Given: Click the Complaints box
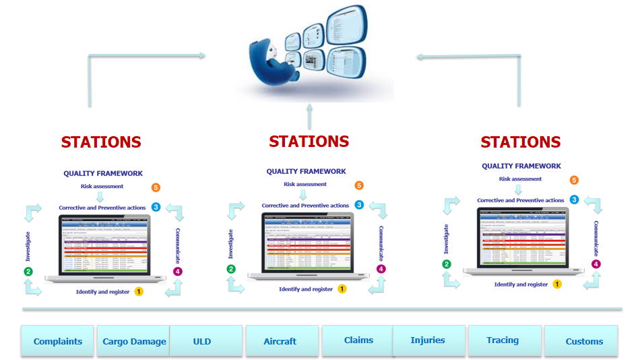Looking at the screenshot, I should [x=58, y=341].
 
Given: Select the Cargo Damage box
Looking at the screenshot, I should [x=134, y=341].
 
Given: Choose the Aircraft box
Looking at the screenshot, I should [x=280, y=341].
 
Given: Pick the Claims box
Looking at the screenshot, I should [x=358, y=340].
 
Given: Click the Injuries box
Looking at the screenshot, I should [x=428, y=340].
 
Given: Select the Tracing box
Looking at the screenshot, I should [x=503, y=340].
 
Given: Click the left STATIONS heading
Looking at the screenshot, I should [x=101, y=142].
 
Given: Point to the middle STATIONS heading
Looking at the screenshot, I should [x=309, y=142].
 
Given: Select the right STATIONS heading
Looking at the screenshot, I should [x=521, y=142].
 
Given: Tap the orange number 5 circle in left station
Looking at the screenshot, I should [x=156, y=187].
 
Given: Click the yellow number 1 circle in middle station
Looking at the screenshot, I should [x=342, y=289].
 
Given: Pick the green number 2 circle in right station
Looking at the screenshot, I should [x=447, y=264].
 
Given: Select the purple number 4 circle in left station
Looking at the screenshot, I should [x=178, y=271].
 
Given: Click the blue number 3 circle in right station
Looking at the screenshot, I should [x=574, y=200].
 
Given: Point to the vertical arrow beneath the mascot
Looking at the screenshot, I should [x=309, y=116].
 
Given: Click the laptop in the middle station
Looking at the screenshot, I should [x=309, y=245].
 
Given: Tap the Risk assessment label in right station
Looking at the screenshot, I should [x=520, y=179].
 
